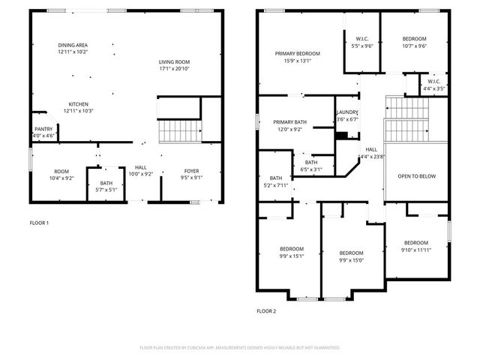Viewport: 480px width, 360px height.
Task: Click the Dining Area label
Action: (73, 48)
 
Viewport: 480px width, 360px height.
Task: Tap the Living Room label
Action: (174, 65)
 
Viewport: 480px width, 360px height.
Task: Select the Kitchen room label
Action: (79, 106)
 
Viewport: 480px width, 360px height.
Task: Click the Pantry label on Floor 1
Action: (43, 132)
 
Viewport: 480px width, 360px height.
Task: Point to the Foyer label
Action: (191, 174)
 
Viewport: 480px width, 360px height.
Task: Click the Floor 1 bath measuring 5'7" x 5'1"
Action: (106, 186)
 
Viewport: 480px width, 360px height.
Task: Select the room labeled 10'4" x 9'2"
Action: (61, 174)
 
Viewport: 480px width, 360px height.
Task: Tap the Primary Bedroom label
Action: (297, 57)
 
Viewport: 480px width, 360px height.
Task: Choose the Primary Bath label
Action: (289, 125)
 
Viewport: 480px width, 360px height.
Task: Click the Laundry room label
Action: (347, 115)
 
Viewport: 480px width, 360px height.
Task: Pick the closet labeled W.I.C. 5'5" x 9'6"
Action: (362, 42)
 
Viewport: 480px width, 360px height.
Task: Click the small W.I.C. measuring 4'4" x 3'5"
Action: (434, 85)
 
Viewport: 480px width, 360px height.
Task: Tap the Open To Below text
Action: (416, 176)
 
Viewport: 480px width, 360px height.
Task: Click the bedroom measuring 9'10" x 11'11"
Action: (415, 246)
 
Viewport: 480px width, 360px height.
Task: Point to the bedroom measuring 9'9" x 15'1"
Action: (292, 252)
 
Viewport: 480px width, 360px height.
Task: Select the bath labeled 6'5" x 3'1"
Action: (310, 165)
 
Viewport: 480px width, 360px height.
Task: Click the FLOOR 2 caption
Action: (266, 310)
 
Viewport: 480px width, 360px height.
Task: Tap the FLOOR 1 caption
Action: (39, 223)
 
